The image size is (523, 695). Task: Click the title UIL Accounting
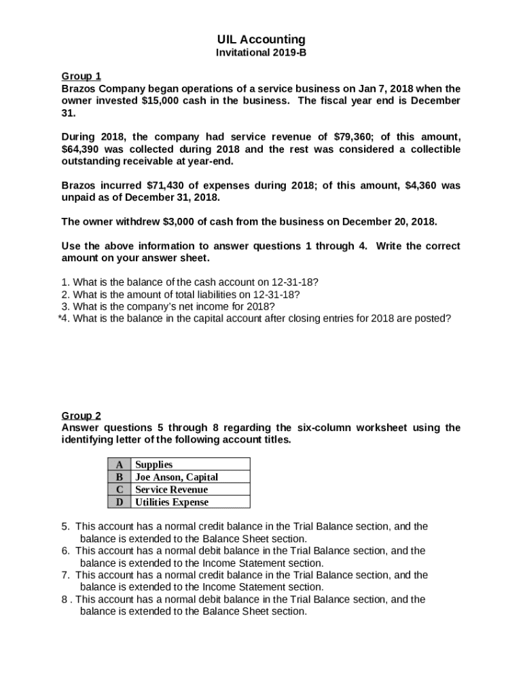(261, 39)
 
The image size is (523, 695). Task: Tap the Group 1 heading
(81, 76)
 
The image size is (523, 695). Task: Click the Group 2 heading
(81, 415)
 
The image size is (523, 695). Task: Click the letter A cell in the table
(120, 464)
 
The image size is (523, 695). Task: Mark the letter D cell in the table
(120, 502)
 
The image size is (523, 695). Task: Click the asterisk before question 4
(60, 318)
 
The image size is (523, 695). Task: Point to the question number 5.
(65, 527)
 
